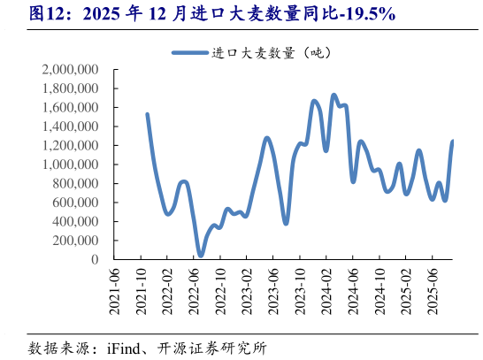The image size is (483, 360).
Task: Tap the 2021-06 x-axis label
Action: [113, 290]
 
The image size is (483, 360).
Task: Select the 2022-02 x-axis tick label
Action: [168, 290]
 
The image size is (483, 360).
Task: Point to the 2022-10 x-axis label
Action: [223, 290]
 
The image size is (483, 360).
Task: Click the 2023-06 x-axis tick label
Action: [279, 290]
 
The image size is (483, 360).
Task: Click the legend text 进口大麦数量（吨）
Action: [271, 53]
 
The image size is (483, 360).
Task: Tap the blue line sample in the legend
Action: [189, 53]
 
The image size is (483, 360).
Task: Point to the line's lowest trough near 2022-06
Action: [201, 256]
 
